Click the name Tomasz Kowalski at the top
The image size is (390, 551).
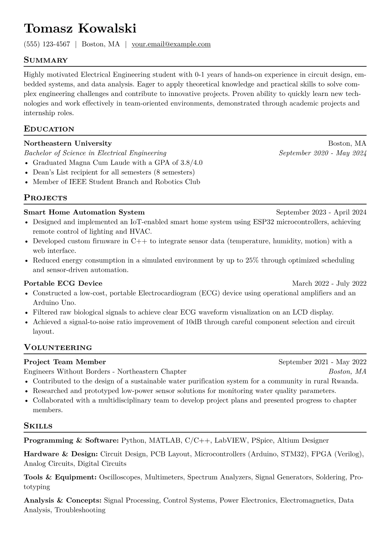point(80,28)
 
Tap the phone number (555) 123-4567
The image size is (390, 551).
point(47,44)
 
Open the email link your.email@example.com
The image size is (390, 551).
point(171,44)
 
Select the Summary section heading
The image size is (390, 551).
point(46,60)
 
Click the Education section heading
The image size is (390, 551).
point(49,129)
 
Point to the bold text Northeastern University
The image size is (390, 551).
point(68,143)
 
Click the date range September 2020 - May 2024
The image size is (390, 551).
point(322,153)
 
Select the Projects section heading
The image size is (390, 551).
point(45,198)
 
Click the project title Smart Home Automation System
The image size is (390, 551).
point(84,212)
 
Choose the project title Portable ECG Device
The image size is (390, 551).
point(63,284)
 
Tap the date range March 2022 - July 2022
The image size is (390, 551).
point(329,284)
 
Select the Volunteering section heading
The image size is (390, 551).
point(58,347)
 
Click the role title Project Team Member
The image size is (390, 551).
point(65,362)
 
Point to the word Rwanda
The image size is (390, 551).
point(344,381)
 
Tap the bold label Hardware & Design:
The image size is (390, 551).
point(61,454)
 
